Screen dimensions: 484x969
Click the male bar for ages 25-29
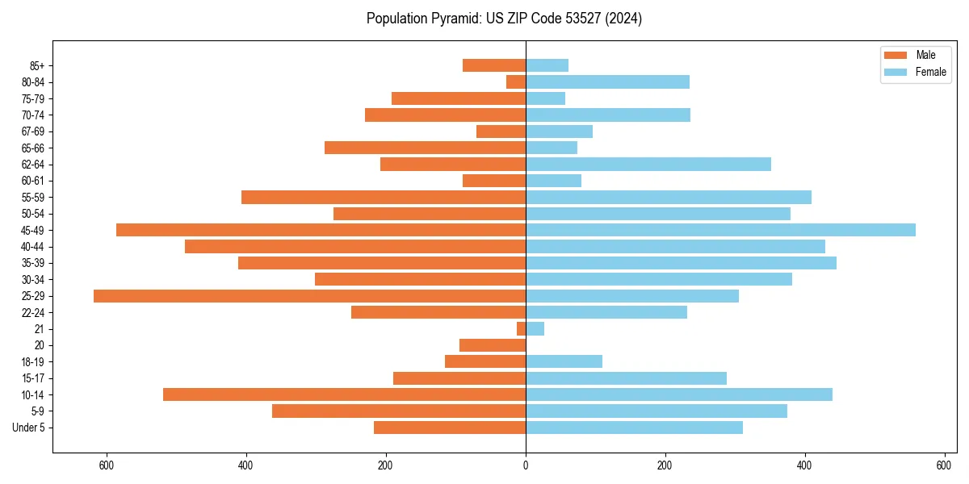(x=309, y=296)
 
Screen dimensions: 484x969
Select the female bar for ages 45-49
(x=720, y=230)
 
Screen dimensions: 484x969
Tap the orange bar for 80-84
(x=516, y=82)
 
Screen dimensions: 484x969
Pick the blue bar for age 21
(x=535, y=329)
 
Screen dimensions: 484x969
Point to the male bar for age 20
(x=493, y=345)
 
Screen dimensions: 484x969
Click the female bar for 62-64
(x=648, y=165)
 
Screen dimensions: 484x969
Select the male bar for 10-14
(x=344, y=394)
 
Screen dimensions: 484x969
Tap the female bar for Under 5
(x=634, y=428)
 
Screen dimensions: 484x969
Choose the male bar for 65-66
(x=425, y=148)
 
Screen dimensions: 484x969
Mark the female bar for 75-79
(x=545, y=98)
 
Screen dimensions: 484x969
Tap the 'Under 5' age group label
(x=28, y=428)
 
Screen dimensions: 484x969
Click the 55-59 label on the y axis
(x=33, y=198)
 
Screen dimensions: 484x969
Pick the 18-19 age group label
(x=33, y=362)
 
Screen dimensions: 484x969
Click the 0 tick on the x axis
(x=526, y=465)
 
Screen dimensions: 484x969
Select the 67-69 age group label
(x=33, y=131)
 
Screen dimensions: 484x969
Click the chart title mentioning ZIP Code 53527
(x=504, y=19)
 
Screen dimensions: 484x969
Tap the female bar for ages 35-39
(x=681, y=263)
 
